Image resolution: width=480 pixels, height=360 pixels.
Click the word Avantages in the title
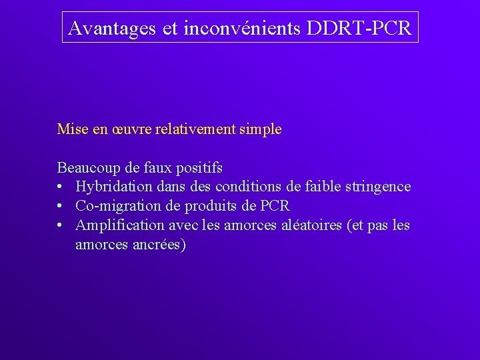tap(112, 28)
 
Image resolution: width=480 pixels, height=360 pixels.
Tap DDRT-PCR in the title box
tap(359, 28)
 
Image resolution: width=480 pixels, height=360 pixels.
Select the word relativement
tap(195, 129)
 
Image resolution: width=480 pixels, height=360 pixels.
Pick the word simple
tap(261, 129)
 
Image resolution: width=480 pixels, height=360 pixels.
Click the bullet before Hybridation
tap(61, 187)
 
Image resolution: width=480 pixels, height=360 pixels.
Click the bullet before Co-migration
tap(61, 207)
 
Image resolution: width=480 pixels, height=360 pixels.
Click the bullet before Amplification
tap(61, 226)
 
